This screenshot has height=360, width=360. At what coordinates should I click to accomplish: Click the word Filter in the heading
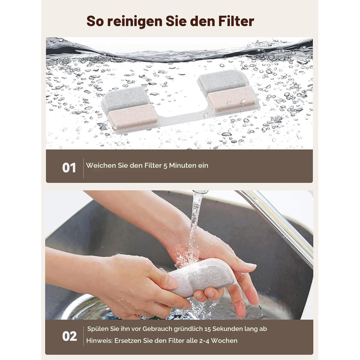pos(236,21)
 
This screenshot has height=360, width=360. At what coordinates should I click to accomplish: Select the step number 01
pos(69,168)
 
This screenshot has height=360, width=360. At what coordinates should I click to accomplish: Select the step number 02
pos(69,336)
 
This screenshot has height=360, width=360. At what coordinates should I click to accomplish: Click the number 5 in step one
pos(165,166)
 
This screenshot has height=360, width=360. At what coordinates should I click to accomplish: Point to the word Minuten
pos(179,165)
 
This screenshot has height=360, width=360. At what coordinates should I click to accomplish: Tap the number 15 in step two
pos(207,329)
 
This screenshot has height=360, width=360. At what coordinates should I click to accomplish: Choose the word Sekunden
pos(227,329)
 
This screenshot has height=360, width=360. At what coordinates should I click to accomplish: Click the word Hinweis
pos(99,340)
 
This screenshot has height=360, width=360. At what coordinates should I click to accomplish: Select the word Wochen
pos(224,340)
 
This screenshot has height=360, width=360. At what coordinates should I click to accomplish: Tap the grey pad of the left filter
pos(126,98)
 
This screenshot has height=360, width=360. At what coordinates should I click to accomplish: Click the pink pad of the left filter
pos(133,117)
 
